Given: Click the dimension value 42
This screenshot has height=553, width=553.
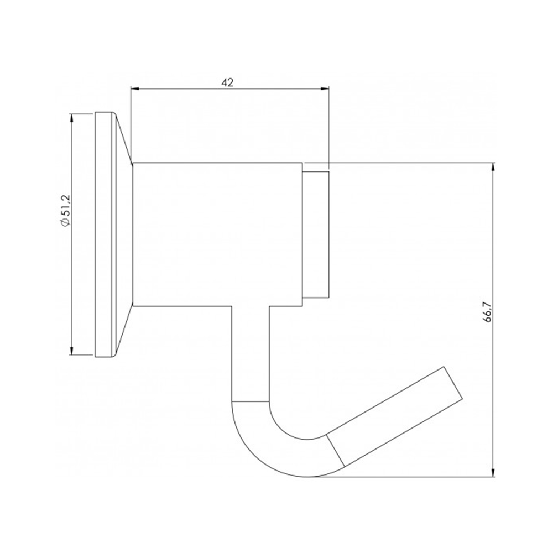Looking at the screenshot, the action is (227, 82).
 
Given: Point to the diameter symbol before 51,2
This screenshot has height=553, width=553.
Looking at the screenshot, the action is (66, 222).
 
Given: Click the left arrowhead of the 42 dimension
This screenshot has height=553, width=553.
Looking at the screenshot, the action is (135, 89).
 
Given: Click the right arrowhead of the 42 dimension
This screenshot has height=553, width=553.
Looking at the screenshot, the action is (325, 89).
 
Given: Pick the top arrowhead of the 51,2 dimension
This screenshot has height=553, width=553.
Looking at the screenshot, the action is (72, 117).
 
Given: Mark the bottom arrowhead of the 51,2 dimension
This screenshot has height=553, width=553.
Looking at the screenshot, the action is (72, 351).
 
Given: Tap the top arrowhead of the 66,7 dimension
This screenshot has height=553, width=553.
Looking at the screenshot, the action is (493, 167).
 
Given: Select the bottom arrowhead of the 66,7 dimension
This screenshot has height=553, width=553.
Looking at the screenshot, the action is (493, 473).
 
